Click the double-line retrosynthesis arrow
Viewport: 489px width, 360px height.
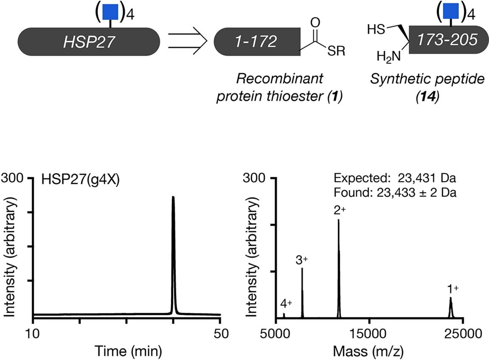click(187, 42)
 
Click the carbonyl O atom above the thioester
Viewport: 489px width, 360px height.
click(315, 21)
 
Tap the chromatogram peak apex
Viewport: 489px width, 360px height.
click(173, 197)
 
